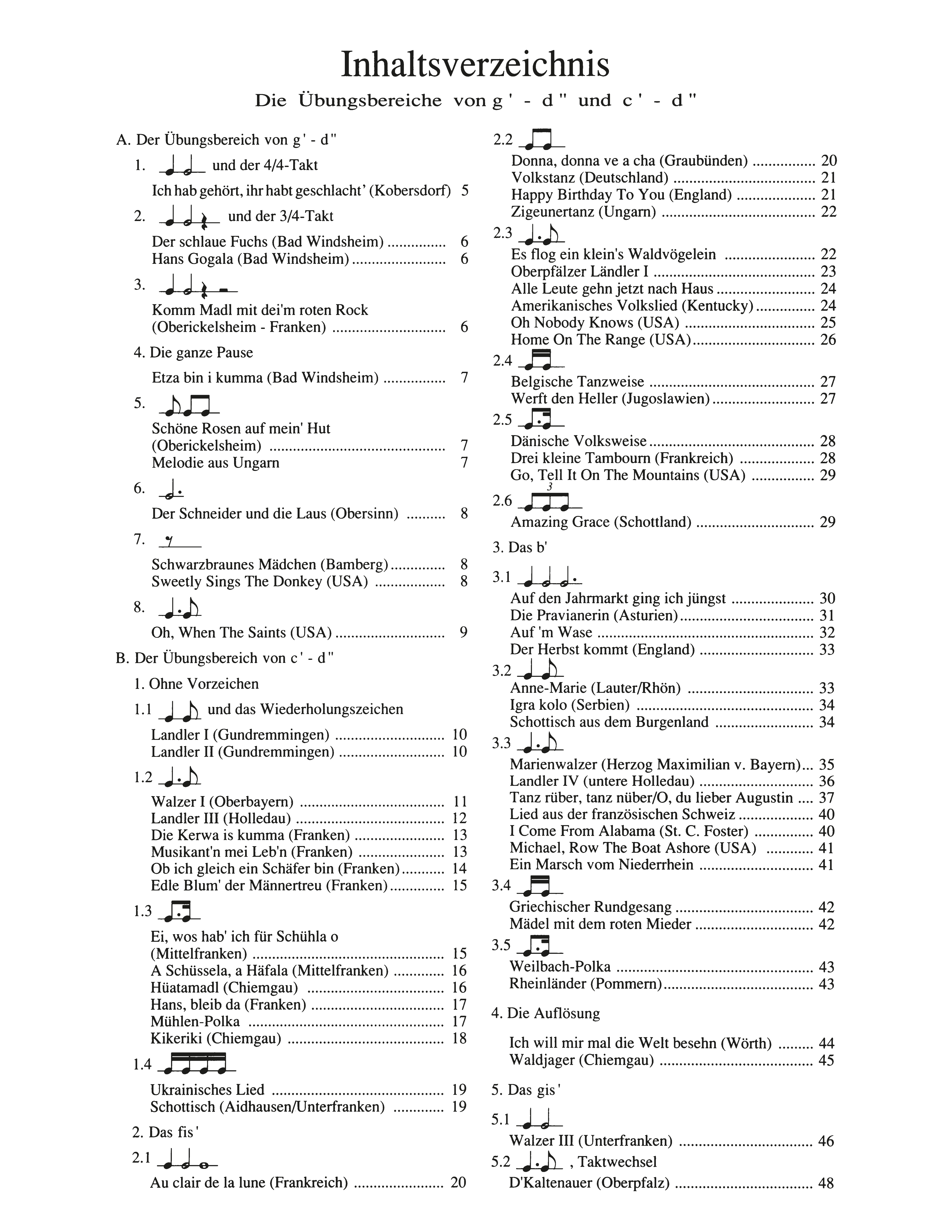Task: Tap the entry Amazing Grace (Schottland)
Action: click(601, 522)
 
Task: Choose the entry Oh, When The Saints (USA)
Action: click(241, 632)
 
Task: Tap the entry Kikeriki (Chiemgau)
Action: click(216, 1038)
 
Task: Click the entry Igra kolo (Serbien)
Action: click(570, 705)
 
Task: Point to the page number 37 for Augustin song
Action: click(826, 798)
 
